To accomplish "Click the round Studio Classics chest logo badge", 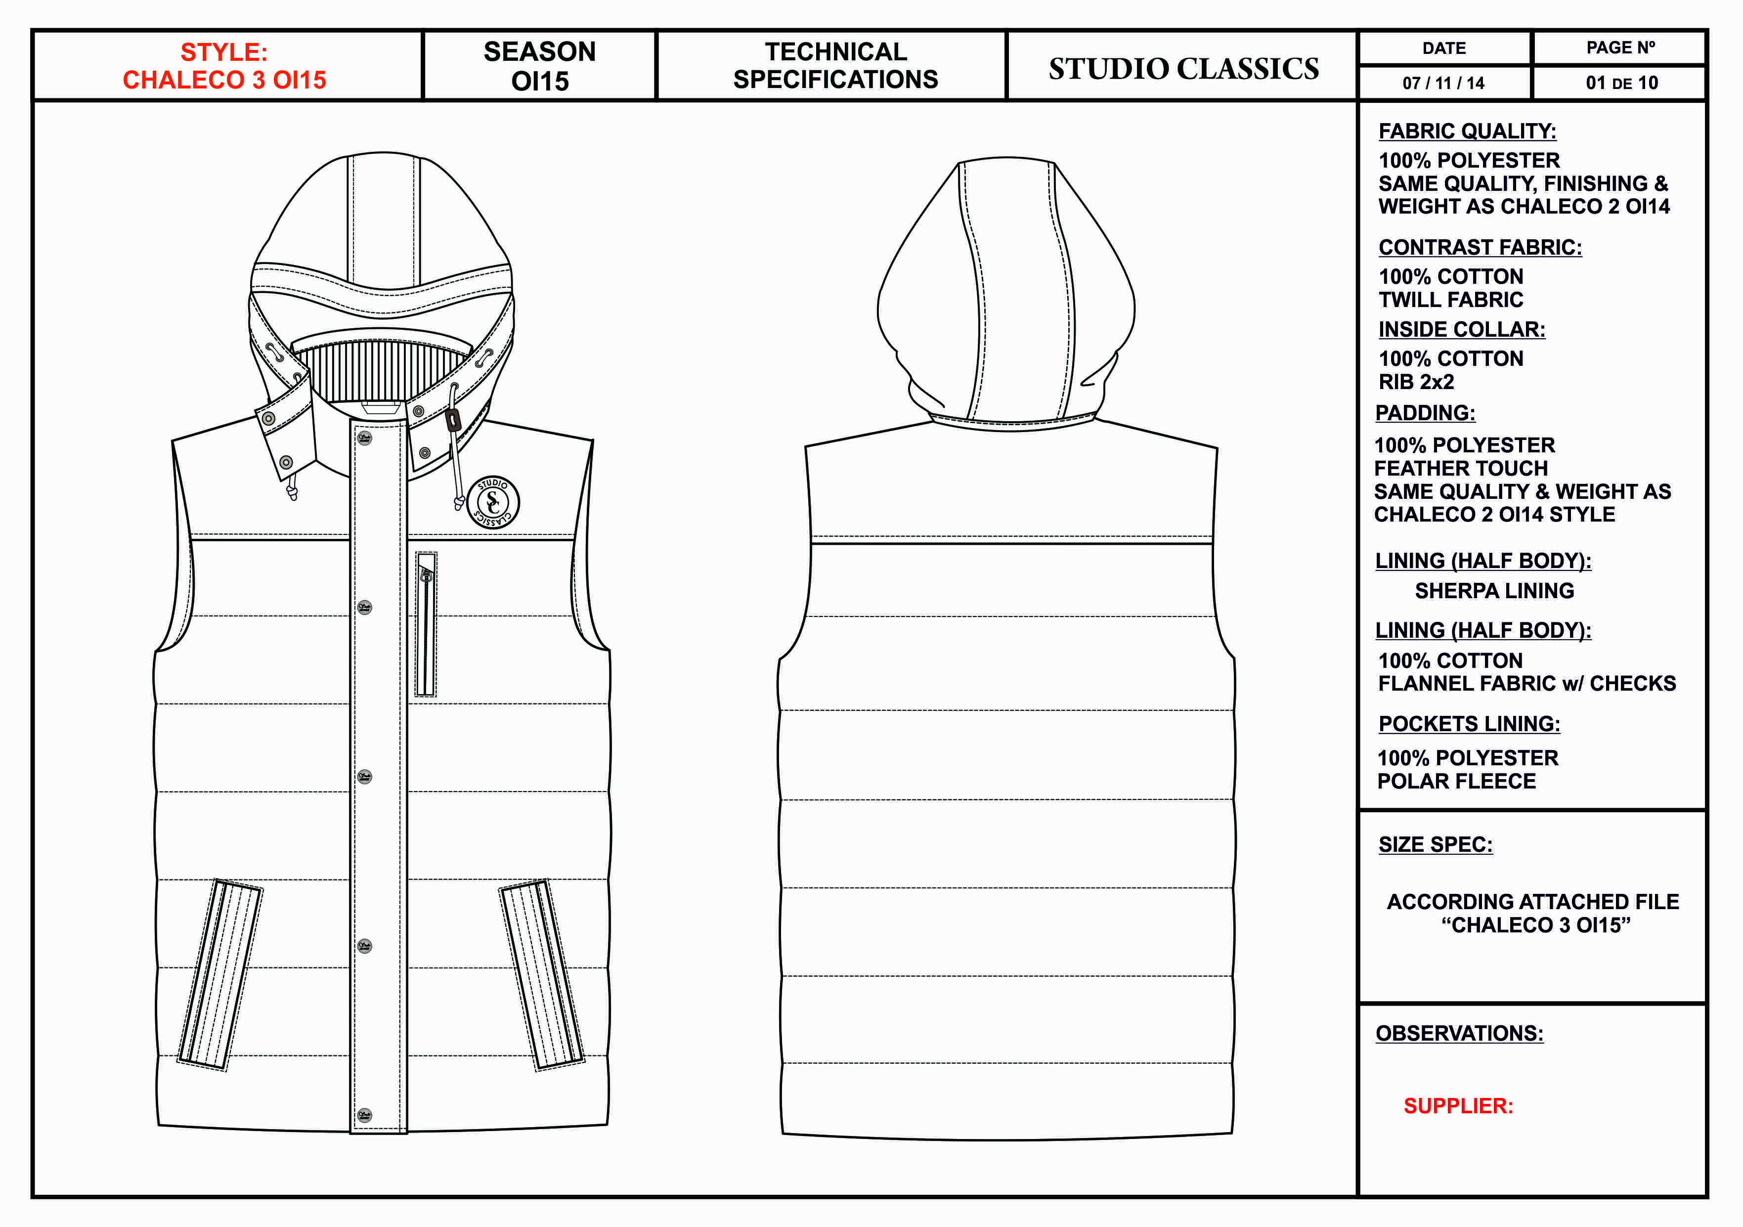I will (493, 502).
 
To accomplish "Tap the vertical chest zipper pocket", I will (426, 624).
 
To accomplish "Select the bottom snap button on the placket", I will (364, 1115).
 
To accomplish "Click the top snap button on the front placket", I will (364, 438).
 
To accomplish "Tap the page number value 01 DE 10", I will (1621, 83).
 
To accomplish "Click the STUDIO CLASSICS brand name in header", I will (1183, 68).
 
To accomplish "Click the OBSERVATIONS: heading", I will (1459, 1033).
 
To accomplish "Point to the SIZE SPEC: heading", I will (1435, 844).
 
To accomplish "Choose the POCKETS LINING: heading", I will (1469, 724).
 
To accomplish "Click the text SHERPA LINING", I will (1494, 591).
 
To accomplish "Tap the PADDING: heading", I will (1425, 413).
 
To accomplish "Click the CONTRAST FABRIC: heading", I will (1480, 248).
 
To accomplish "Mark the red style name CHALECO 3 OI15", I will (225, 80).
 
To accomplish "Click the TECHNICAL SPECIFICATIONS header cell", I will (835, 65).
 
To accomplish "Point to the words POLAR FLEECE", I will (1456, 781).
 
